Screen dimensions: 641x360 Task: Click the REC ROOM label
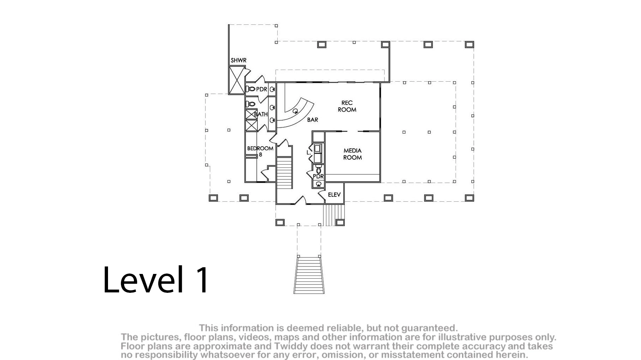click(x=347, y=106)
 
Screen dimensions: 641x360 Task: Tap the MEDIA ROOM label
click(x=352, y=154)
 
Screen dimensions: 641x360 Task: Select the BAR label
click(x=313, y=120)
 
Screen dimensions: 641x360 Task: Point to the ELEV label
click(x=334, y=195)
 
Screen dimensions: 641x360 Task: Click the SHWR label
click(x=238, y=61)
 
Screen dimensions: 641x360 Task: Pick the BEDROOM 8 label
click(x=260, y=151)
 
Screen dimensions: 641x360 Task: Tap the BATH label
click(x=261, y=114)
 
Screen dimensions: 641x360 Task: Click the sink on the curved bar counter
click(x=295, y=111)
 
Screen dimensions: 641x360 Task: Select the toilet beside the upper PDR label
click(x=251, y=89)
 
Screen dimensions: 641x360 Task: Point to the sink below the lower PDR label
click(x=319, y=184)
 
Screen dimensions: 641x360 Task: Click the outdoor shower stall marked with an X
click(x=237, y=80)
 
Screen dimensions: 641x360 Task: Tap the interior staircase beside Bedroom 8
click(x=284, y=173)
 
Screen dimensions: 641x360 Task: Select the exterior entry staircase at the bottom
click(x=309, y=275)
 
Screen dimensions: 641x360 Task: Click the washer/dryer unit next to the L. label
click(x=318, y=154)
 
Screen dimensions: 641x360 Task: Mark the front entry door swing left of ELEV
click(x=300, y=200)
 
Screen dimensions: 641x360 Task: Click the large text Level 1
click(x=156, y=279)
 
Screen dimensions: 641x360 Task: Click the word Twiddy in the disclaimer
click(x=289, y=346)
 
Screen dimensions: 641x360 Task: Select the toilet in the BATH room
click(x=251, y=104)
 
